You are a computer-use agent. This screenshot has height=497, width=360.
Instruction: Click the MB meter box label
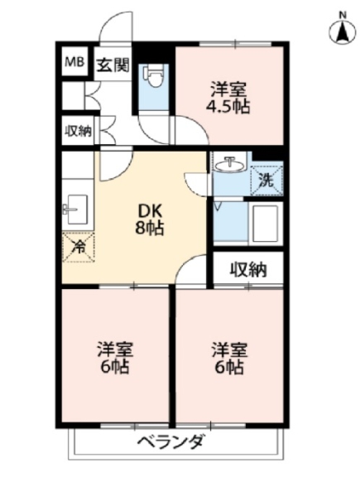74,62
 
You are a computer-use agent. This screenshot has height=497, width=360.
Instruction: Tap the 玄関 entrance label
113,65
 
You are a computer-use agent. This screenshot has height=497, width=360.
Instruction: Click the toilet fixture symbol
154,75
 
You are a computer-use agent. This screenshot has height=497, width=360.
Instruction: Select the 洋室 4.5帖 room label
228,98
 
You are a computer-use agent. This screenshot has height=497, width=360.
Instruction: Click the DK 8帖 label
150,219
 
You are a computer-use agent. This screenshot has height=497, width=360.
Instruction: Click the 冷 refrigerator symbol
78,247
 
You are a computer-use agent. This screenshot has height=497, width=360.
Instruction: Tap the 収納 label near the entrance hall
78,131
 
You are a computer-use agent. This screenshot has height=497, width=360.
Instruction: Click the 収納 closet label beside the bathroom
248,270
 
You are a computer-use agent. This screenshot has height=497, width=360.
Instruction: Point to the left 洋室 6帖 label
114,358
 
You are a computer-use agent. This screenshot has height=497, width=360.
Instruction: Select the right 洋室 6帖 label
229,358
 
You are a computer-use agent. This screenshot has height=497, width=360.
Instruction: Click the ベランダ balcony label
171,442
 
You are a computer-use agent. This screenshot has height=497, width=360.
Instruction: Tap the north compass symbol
343,32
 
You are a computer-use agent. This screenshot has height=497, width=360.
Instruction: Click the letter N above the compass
343,15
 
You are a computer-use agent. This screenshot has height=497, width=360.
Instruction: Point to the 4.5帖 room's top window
235,43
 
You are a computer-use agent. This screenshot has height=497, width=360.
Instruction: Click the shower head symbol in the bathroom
218,205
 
